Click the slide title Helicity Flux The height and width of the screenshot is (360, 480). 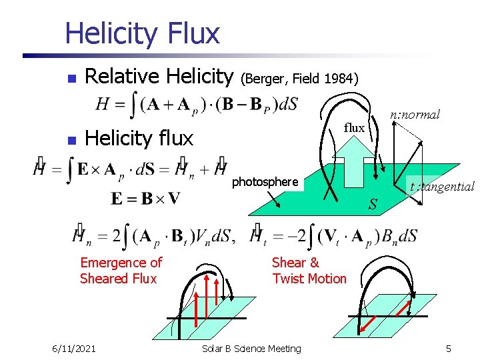142,33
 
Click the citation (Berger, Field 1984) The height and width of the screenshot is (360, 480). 299,79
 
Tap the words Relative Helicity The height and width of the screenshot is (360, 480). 159,77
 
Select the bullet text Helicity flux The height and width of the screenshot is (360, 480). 139,138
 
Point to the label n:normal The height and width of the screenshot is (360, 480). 415,115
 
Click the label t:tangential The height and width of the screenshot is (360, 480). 442,187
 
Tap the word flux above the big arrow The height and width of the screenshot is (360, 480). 354,127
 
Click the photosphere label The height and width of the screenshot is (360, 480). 265,181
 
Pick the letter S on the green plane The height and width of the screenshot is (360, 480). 373,203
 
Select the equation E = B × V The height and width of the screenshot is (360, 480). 145,198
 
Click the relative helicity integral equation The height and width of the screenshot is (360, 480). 197,104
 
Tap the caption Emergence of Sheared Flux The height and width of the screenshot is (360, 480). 121,270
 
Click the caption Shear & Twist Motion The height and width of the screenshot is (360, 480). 309,270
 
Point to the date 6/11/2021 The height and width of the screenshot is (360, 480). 74,348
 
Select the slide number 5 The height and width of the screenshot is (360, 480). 449,348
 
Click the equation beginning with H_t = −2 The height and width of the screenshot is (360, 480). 334,235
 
